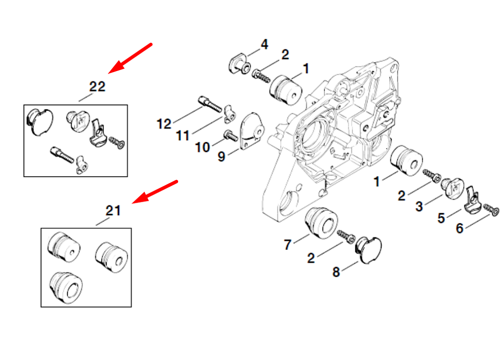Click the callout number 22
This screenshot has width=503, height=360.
click(97, 86)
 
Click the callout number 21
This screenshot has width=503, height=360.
click(113, 211)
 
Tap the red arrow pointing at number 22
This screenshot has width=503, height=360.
click(130, 58)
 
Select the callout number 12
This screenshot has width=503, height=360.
click(164, 124)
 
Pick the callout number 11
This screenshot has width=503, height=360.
click(183, 136)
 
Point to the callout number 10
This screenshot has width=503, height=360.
click(202, 146)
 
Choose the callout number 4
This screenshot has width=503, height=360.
click(264, 45)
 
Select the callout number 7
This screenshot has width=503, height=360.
click(288, 244)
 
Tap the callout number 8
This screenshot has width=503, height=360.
click(336, 272)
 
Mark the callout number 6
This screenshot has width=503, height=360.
click(459, 228)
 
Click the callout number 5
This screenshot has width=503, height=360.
click(441, 218)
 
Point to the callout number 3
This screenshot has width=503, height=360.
click(419, 207)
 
